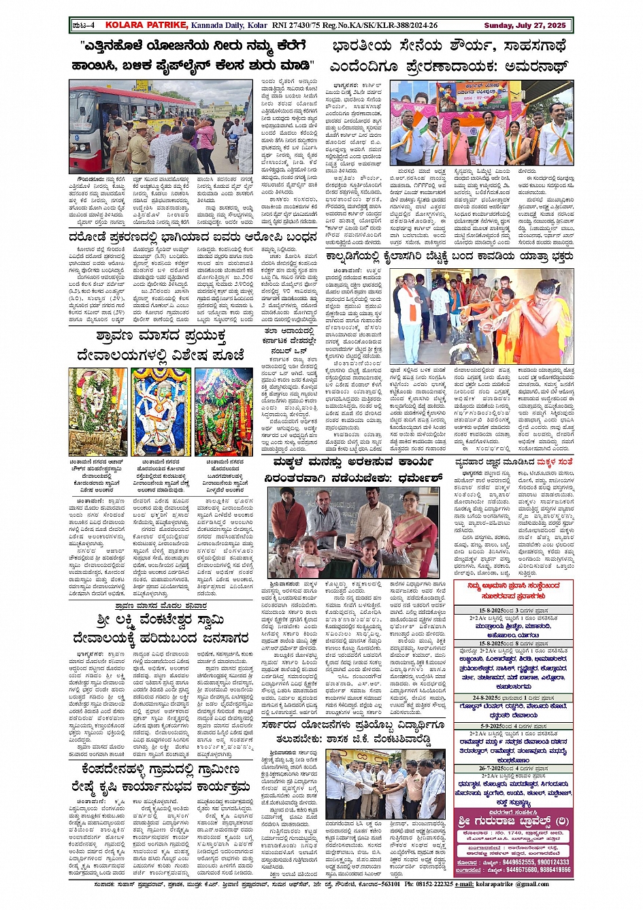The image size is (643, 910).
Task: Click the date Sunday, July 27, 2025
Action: pos(525,26)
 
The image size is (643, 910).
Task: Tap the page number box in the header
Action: pos(84,26)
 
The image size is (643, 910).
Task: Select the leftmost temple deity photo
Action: pos(97,412)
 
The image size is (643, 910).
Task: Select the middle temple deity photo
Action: pos(161,412)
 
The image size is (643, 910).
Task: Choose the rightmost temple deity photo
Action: pos(224,412)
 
